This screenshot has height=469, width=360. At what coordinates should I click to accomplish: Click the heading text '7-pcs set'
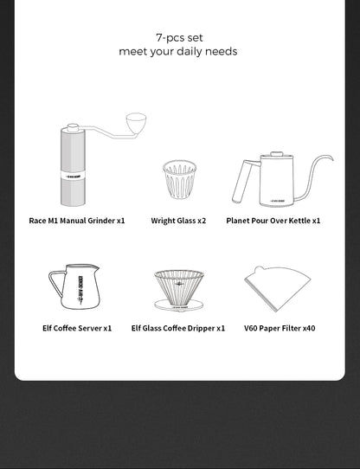(x=179, y=37)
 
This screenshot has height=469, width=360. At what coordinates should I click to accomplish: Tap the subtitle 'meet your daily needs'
(x=178, y=52)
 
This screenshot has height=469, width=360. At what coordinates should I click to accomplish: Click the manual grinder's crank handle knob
(x=136, y=122)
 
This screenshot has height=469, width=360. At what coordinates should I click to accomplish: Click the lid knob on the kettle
(x=277, y=154)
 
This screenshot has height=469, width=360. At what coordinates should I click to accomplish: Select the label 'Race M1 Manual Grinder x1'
(x=77, y=221)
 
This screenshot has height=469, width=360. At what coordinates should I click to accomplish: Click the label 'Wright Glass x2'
(x=178, y=221)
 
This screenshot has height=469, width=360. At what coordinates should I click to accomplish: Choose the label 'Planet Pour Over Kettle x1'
(x=273, y=221)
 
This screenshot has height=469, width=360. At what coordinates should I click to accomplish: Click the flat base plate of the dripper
(x=178, y=305)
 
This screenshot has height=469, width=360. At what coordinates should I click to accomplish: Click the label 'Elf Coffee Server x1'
(x=77, y=329)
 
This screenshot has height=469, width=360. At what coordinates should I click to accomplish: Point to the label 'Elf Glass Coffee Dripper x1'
(x=178, y=329)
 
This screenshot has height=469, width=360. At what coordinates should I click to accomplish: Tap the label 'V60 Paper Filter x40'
(x=280, y=329)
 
